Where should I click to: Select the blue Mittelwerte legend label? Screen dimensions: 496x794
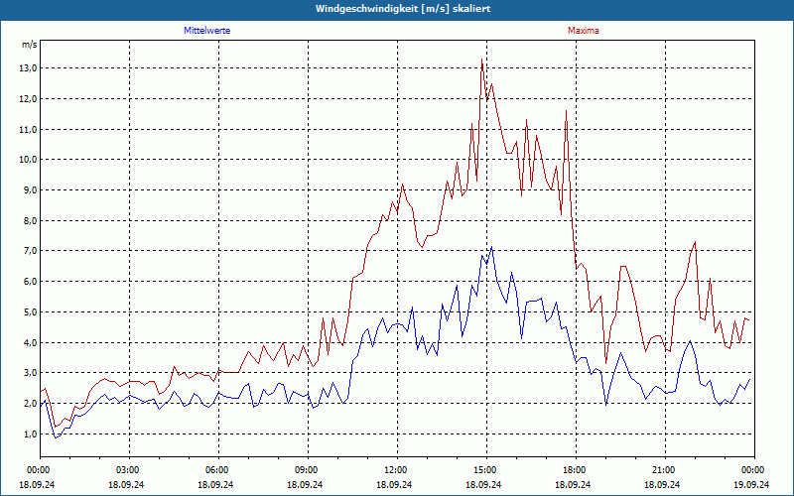[206, 31]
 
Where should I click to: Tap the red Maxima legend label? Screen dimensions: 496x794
[584, 31]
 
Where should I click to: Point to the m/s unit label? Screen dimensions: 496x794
[29, 45]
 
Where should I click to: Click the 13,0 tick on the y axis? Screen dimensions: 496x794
[27, 68]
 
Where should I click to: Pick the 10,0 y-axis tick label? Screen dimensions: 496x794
[27, 160]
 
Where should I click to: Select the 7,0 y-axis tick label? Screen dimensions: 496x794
[27, 251]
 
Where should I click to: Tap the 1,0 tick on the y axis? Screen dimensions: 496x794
[29, 434]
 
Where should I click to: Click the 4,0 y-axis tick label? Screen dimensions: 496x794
[29, 343]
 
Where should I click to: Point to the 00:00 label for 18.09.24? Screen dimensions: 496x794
[38, 470]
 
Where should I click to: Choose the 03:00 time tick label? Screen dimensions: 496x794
[127, 470]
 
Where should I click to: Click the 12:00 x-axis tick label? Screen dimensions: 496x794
[395, 470]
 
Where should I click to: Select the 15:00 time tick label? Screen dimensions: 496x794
[484, 470]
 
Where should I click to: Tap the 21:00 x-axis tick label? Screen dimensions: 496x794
[663, 470]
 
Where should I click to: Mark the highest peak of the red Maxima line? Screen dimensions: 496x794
[482, 60]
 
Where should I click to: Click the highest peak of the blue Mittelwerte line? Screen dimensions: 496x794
[491, 247]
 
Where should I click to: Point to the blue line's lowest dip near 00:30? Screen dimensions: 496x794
[56, 437]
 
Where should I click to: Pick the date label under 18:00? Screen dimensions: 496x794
[574, 484]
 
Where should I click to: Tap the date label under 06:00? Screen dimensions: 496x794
[216, 484]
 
